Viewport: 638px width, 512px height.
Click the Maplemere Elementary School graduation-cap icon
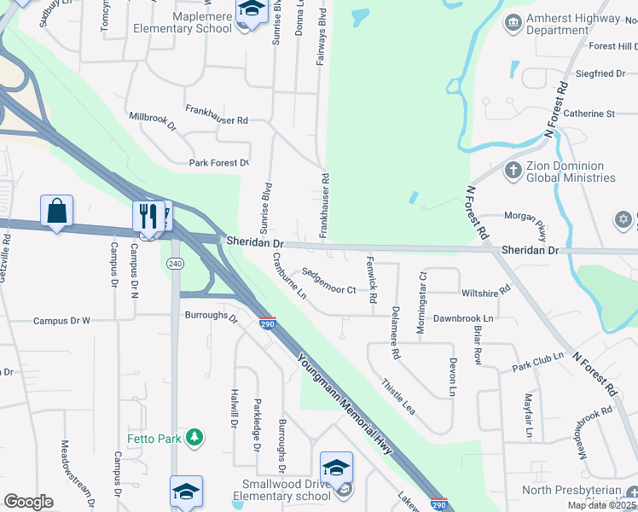pyautogui.click(x=250, y=12)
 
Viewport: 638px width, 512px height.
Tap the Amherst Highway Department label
pyautogui.click(x=573, y=24)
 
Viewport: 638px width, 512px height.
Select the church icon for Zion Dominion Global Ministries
pyautogui.click(x=513, y=171)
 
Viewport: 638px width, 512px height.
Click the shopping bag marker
pyautogui.click(x=56, y=211)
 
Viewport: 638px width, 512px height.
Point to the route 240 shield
pyautogui.click(x=176, y=264)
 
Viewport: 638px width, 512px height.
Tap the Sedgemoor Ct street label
pyautogui.click(x=328, y=289)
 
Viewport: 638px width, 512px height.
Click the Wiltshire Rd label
pyautogui.click(x=485, y=290)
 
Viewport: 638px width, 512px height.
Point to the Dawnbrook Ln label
pyautogui.click(x=463, y=318)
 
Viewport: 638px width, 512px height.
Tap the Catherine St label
pyautogui.click(x=589, y=113)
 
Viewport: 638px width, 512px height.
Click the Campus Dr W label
pyautogui.click(x=61, y=321)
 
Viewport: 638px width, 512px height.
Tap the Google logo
pyautogui.click(x=28, y=502)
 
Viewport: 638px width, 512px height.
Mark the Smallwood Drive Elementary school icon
pyautogui.click(x=336, y=468)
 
